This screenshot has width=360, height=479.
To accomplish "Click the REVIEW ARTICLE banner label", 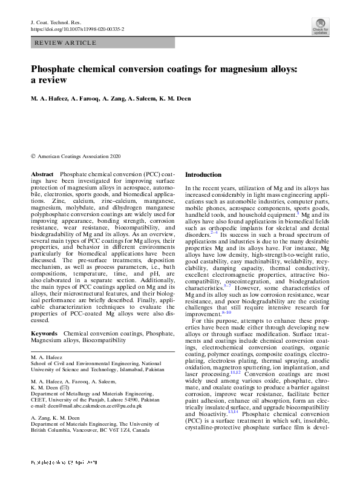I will point(65,43).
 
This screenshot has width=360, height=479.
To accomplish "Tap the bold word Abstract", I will point(42,174).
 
